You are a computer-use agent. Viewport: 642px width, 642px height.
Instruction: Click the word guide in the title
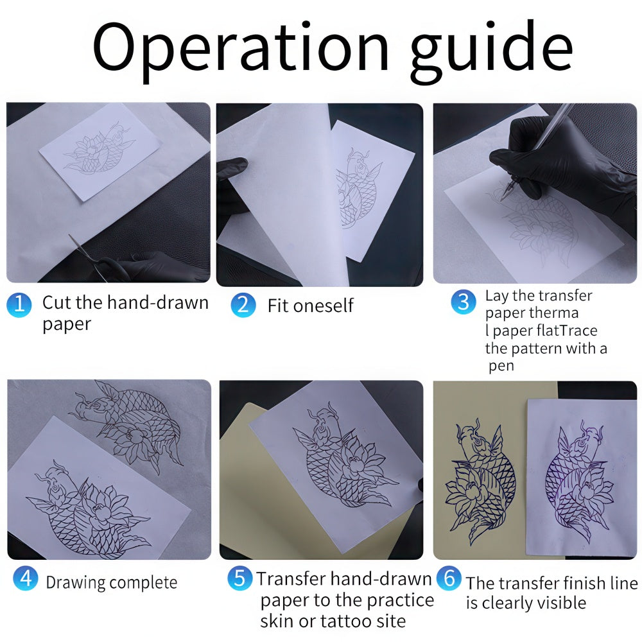[x=492, y=50]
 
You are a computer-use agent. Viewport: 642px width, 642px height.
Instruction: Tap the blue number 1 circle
[x=19, y=305]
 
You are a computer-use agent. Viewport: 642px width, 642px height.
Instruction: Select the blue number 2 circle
[x=243, y=305]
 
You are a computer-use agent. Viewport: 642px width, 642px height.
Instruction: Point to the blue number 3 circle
[x=464, y=302]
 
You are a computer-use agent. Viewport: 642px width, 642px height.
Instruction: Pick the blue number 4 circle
[x=26, y=578]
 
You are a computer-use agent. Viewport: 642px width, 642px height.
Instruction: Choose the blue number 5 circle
[x=240, y=578]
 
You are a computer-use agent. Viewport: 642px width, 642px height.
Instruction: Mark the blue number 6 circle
[x=449, y=578]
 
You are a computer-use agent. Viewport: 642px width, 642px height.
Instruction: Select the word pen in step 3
[x=501, y=367]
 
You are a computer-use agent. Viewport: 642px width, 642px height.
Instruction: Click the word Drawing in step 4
[x=76, y=583]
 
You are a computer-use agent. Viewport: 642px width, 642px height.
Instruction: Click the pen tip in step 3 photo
[x=501, y=198]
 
